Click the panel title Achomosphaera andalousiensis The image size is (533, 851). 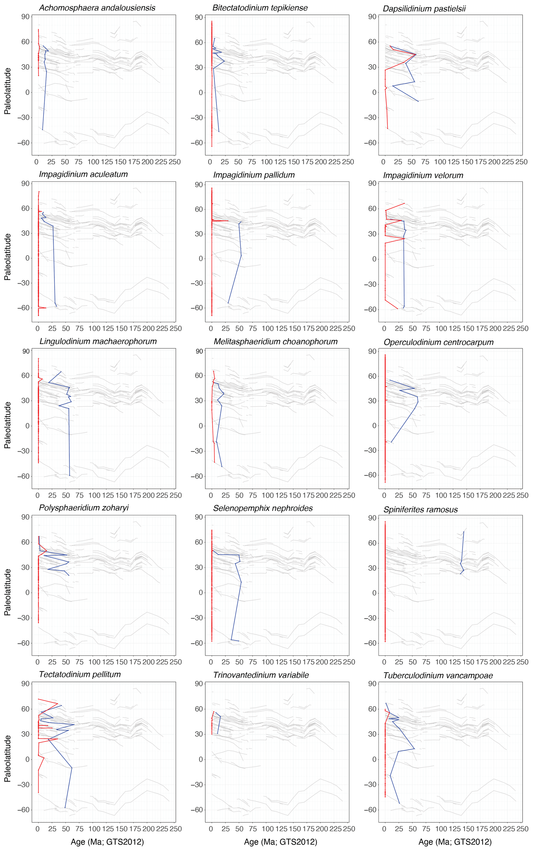click(x=97, y=8)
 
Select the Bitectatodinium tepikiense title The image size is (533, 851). click(x=260, y=8)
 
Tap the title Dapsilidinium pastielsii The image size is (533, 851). click(x=424, y=9)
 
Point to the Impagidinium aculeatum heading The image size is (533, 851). click(x=83, y=174)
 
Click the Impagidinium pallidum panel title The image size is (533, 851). click(x=254, y=175)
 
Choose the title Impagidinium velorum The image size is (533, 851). click(x=423, y=176)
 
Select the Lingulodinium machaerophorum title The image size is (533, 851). click(x=98, y=341)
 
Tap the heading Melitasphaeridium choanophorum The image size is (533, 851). click(x=275, y=342)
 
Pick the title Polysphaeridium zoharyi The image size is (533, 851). click(x=84, y=507)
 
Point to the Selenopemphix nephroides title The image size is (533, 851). click(x=263, y=508)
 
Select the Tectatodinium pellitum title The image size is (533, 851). click(x=80, y=674)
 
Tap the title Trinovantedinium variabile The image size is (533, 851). click(x=261, y=675)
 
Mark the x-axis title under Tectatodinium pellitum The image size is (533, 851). click(x=107, y=841)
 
